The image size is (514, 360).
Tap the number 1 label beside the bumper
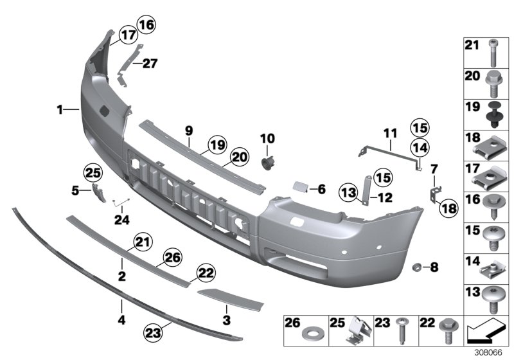pyautogui.click(x=59, y=111)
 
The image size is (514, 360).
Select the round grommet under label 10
pyautogui.click(x=267, y=159)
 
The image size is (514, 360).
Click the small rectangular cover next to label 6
pyautogui.click(x=299, y=188)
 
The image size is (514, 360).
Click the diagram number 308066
pyautogui.click(x=490, y=353)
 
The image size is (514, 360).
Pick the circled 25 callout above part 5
pyautogui.click(x=93, y=172)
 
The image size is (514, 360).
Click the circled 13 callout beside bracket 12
pyautogui.click(x=349, y=192)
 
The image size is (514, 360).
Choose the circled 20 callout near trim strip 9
pyautogui.click(x=221, y=156)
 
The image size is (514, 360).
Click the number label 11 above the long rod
pyautogui.click(x=391, y=134)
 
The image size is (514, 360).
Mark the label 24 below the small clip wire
pyautogui.click(x=122, y=220)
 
